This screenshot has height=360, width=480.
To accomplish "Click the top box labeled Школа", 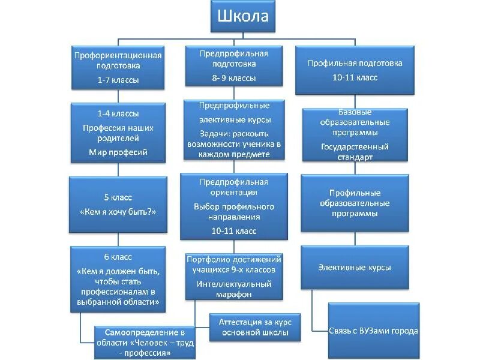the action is pos(242,16).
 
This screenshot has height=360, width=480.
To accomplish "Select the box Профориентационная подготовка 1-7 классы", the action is pos(118,67).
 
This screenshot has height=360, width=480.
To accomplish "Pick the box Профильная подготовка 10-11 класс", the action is pos(355,70).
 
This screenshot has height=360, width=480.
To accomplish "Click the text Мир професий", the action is pos(118,152).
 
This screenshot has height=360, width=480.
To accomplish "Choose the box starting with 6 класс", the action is pos(118,280).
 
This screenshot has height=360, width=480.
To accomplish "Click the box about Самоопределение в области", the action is pos(145,341).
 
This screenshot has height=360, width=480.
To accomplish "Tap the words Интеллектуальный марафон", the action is pos(233,289).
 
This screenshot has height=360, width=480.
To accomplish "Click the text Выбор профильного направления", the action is pos(234,212).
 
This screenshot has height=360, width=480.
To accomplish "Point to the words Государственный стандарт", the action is pos(355,151).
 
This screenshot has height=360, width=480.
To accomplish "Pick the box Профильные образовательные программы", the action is pos(355,203).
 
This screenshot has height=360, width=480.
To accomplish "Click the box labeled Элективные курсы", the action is pos(355,267).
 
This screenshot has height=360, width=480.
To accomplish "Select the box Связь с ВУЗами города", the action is pos(373,331).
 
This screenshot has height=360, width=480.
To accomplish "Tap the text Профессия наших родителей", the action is pos(118,133).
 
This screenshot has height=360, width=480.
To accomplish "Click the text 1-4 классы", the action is pos(118,113).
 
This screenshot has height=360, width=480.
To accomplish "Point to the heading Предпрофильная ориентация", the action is pos(234,187).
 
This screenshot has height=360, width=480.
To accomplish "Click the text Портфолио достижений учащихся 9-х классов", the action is pos(233,265).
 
